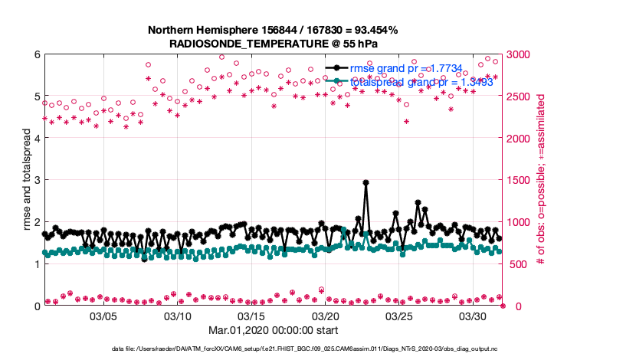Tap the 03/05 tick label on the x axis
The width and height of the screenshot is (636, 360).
coord(103,316)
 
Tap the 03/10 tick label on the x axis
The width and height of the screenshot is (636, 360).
coord(177,316)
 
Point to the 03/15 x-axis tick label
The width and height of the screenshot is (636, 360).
coord(251,316)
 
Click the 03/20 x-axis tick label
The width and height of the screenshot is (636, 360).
coord(325,316)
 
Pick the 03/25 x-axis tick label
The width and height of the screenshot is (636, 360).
coord(399,316)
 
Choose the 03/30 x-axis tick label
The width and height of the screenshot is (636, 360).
coord(473,316)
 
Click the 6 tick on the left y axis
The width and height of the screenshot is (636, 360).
coord(36,54)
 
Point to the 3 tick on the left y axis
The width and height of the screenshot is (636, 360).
coord(36,180)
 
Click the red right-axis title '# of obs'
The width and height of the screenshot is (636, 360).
coord(540,180)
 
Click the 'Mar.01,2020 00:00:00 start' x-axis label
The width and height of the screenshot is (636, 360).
coord(274,330)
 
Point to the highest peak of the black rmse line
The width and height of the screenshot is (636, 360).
coord(366,182)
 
